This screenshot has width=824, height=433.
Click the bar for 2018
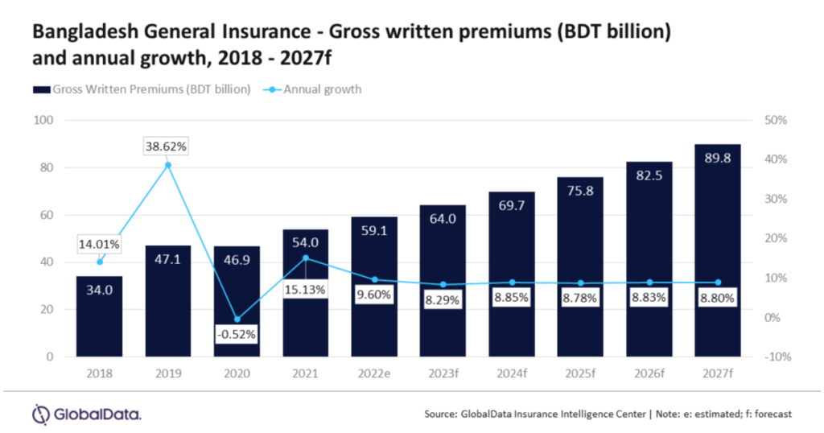pyautogui.click(x=99, y=316)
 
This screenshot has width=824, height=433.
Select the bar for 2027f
pyautogui.click(x=717, y=250)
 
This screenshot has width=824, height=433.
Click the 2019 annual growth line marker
pyautogui.click(x=168, y=165)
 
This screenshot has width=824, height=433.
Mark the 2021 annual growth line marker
pyautogui.click(x=305, y=258)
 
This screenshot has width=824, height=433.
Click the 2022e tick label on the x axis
pyautogui.click(x=373, y=374)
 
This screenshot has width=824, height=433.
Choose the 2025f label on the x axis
pyautogui.click(x=579, y=374)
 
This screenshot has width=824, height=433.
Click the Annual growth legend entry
pyautogui.click(x=311, y=89)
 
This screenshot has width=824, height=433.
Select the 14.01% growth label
pyautogui.click(x=99, y=245)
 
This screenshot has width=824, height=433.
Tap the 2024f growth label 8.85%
pyautogui.click(x=511, y=295)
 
